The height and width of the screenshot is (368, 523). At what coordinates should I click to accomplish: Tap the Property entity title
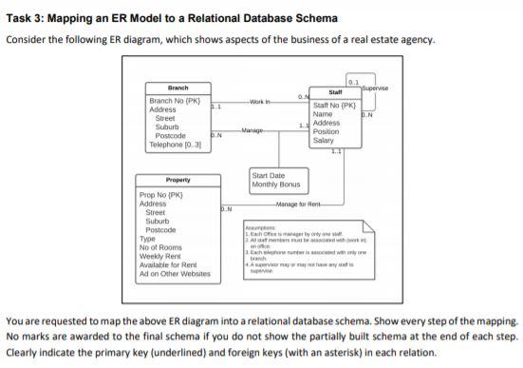click(x=177, y=180)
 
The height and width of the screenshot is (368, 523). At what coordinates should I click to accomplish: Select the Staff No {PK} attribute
click(x=334, y=106)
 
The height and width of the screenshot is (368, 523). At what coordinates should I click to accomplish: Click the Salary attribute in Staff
click(x=324, y=141)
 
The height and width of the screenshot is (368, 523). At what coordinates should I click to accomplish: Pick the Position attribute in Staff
click(x=326, y=132)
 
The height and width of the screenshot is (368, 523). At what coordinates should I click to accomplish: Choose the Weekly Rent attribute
click(x=162, y=255)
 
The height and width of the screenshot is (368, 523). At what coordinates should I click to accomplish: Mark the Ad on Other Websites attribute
click(x=175, y=273)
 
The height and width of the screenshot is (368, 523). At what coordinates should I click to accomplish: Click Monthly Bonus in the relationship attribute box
click(x=276, y=184)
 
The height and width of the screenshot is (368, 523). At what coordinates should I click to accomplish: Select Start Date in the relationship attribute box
click(x=269, y=175)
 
